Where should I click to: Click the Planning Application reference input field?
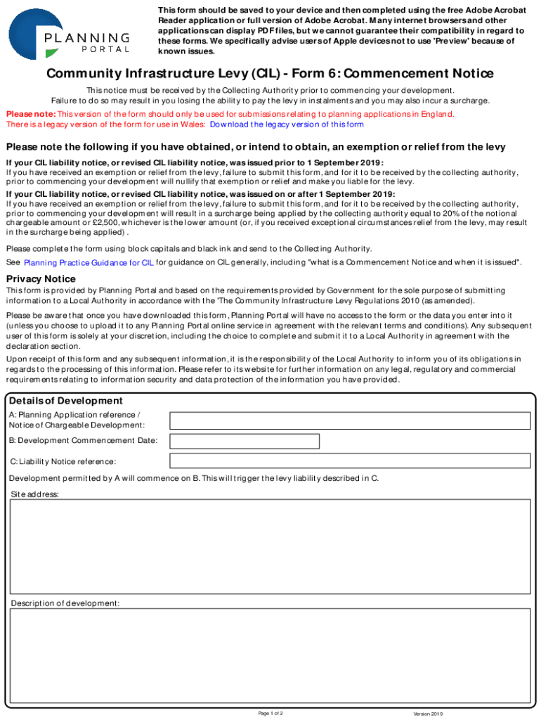click(350, 420)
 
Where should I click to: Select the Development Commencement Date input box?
click(245, 441)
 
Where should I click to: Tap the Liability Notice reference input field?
click(350, 461)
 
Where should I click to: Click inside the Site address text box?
click(270, 547)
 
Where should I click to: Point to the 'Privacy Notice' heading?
click(41, 279)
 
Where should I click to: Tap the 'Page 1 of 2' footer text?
click(270, 713)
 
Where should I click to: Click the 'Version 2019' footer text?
click(428, 714)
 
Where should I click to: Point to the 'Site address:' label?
click(35, 494)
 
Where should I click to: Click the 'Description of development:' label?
click(65, 603)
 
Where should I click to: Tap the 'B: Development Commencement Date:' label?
click(83, 441)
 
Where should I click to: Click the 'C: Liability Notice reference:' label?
click(63, 461)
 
